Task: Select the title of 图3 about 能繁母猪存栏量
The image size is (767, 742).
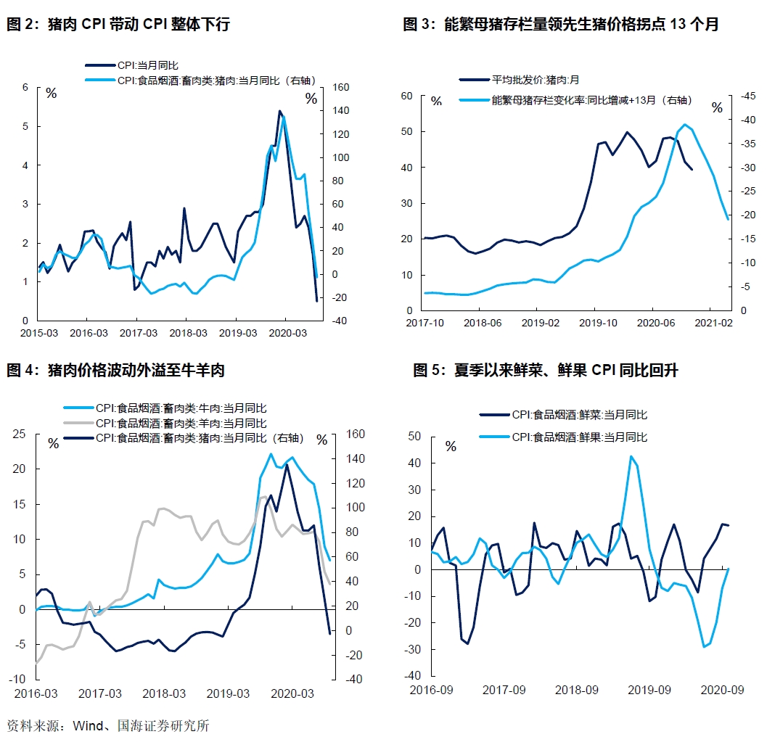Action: pyautogui.click(x=560, y=25)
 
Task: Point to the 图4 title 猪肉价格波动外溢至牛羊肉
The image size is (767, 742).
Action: pyautogui.click(x=115, y=371)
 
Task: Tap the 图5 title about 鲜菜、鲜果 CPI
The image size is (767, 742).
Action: pyautogui.click(x=545, y=371)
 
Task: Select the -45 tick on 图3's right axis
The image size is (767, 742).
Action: pyautogui.click(x=748, y=96)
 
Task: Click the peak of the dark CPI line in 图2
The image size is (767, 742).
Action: pyautogui.click(x=279, y=111)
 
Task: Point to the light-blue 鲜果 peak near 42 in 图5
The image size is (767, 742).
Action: pyautogui.click(x=631, y=456)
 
